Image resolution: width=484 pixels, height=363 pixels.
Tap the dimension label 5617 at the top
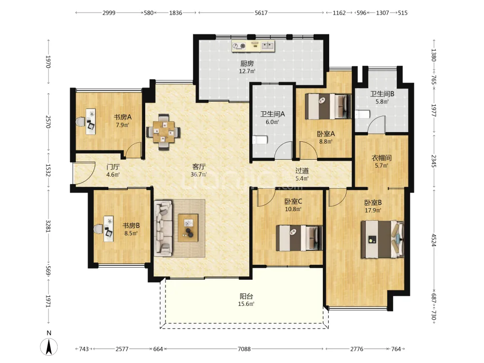click(x=261, y=13)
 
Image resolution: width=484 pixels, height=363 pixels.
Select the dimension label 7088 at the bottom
click(x=244, y=349)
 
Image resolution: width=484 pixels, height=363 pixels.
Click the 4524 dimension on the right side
click(x=434, y=240)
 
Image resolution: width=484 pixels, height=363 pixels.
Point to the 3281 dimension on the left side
click(x=48, y=226)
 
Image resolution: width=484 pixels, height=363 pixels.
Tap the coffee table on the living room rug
click(x=188, y=228)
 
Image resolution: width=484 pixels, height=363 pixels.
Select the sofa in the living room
click(x=163, y=228)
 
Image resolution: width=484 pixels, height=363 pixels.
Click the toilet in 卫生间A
click(x=260, y=140)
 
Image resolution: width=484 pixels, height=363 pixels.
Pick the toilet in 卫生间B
click(x=363, y=114)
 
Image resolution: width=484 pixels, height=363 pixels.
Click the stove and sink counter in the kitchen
click(x=253, y=46)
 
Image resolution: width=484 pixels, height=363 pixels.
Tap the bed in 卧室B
click(x=382, y=239)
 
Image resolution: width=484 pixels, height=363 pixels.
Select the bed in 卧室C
click(x=299, y=238)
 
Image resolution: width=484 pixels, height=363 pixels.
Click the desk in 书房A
click(x=91, y=121)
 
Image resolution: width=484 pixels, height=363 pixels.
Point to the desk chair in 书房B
click(x=98, y=229)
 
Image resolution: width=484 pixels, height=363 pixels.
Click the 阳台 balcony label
click(x=246, y=296)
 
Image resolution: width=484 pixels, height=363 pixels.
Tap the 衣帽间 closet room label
click(x=381, y=158)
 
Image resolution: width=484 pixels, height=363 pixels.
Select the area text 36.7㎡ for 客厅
click(x=199, y=174)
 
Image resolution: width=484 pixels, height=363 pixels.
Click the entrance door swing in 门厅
click(x=84, y=173)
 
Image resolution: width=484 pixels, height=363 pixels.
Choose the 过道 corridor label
click(x=302, y=171)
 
